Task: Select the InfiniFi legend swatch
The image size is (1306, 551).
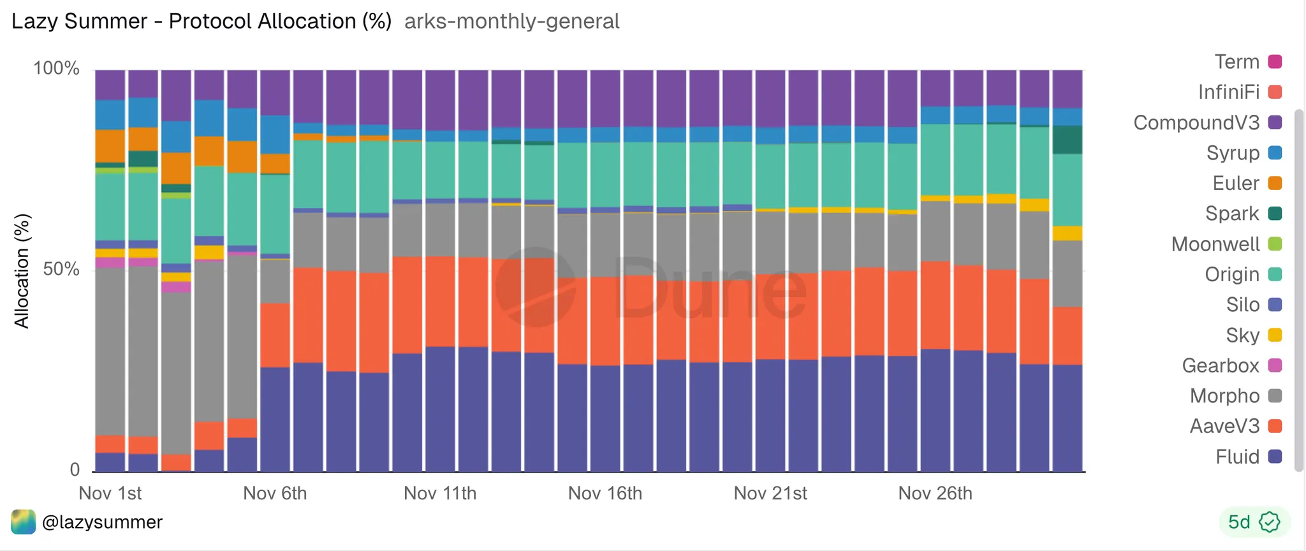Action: click(1275, 92)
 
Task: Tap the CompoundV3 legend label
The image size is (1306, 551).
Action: click(1196, 122)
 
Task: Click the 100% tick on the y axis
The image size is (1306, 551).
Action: click(56, 69)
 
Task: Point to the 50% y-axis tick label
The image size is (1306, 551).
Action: click(61, 269)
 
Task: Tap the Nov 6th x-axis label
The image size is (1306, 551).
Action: click(275, 493)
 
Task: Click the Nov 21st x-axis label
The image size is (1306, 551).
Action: click(770, 493)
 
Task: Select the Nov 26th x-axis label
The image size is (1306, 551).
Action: click(935, 493)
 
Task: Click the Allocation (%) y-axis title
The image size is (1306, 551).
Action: click(22, 271)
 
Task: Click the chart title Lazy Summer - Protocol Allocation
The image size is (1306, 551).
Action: click(202, 21)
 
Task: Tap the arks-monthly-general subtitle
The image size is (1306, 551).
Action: click(511, 21)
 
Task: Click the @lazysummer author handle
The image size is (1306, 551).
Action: click(102, 522)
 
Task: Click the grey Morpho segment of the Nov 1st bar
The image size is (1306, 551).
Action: click(110, 351)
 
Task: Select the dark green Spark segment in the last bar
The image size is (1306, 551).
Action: click(1067, 140)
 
